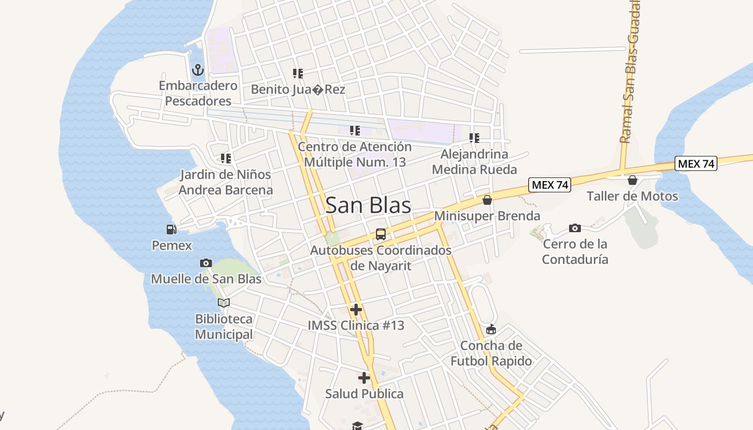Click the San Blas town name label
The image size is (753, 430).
(x=368, y=205)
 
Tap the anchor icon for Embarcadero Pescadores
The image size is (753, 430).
(x=198, y=70)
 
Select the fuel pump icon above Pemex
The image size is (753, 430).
(x=172, y=230)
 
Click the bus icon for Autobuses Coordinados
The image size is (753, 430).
(x=381, y=234)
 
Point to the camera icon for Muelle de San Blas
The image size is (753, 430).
(x=205, y=263)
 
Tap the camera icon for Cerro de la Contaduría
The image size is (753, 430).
(x=575, y=228)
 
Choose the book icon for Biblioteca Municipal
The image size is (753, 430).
(x=224, y=303)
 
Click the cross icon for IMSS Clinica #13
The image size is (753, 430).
(x=356, y=310)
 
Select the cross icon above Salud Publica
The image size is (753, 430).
(x=364, y=378)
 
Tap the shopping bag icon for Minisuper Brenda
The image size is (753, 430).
(x=487, y=200)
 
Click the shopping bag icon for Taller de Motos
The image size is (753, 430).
(x=633, y=180)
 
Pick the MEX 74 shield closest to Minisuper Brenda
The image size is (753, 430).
(x=549, y=185)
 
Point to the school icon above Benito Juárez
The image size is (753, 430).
(x=298, y=74)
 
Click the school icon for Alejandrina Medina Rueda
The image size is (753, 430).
(x=474, y=138)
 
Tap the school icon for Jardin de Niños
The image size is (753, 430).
(x=226, y=159)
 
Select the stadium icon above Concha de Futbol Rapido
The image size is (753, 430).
(x=491, y=329)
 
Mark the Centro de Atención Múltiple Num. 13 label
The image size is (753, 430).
(x=355, y=154)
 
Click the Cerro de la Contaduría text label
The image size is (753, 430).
(x=575, y=252)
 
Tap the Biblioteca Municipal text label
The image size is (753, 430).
(x=224, y=327)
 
